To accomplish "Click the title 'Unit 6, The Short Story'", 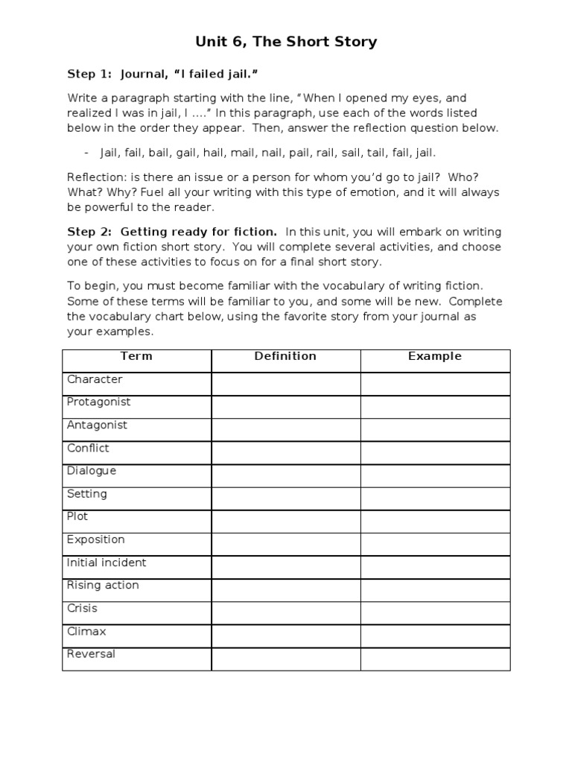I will tap(286, 42).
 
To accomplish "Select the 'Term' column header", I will tap(136, 356).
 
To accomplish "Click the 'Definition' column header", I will tap(285, 356).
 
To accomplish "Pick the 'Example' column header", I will tap(435, 356).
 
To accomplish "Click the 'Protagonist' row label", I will tap(98, 402).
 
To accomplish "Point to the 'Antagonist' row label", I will tap(97, 425).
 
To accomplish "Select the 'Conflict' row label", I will tap(88, 448).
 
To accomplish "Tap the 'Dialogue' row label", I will tap(92, 471).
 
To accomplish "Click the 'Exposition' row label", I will tap(96, 539).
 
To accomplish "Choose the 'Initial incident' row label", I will tap(107, 563).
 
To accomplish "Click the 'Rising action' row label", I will tap(103, 585).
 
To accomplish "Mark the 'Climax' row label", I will tap(86, 631).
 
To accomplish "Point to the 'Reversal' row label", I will tap(91, 654).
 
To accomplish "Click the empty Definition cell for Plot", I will tap(286, 521).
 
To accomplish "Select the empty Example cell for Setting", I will tap(435, 498).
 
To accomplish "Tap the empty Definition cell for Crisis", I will tap(286, 612).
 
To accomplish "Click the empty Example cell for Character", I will tap(435, 383).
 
